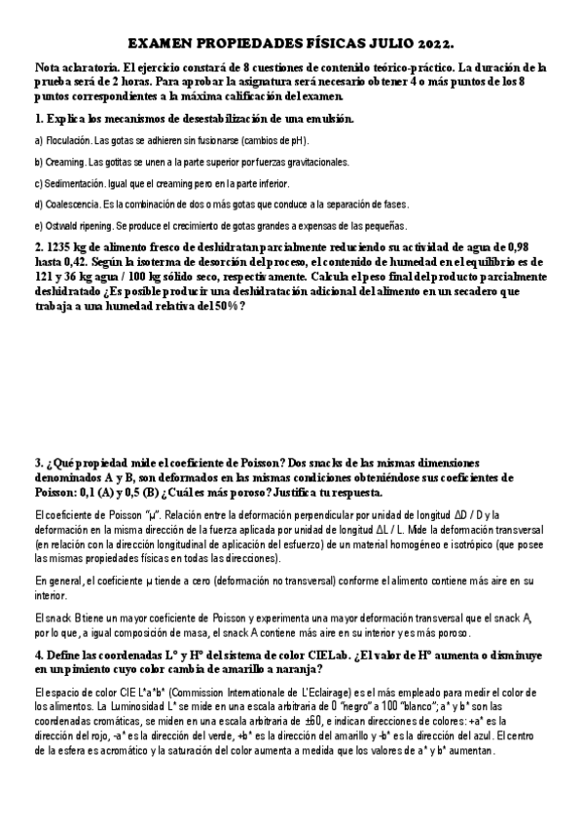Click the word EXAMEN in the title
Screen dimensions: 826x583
pyautogui.click(x=163, y=45)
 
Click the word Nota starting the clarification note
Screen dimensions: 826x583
pyautogui.click(x=50, y=68)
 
